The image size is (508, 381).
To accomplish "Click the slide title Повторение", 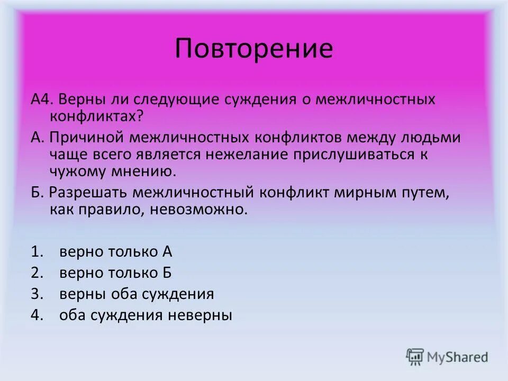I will [254, 49].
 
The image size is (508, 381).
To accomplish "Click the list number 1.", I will [36, 252].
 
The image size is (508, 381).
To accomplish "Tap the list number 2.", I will [36, 273].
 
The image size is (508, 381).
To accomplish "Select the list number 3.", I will [36, 294].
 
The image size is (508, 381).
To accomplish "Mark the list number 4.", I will [36, 315].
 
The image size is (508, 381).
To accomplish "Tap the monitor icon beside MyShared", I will [415, 357].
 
